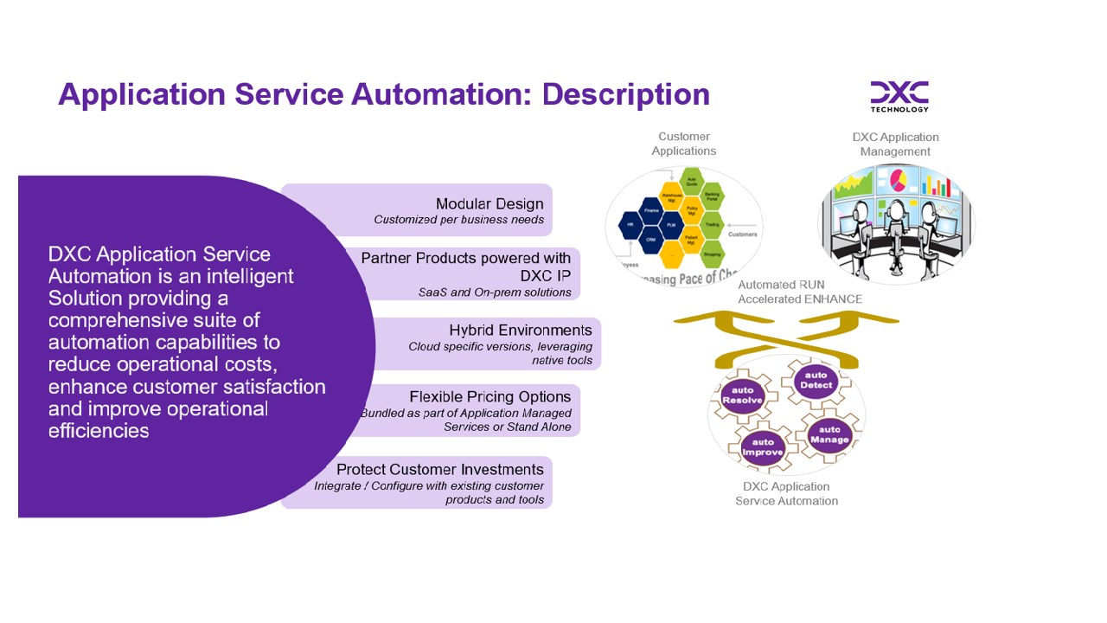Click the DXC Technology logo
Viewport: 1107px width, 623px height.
(x=899, y=96)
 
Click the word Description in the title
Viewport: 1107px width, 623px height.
(x=625, y=93)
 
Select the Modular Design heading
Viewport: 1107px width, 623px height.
(x=490, y=203)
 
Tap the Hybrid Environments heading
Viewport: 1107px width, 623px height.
(x=521, y=330)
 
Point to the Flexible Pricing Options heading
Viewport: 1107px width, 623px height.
(x=490, y=396)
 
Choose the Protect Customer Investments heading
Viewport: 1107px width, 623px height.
(x=440, y=469)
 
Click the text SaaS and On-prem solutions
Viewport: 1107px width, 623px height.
(x=495, y=292)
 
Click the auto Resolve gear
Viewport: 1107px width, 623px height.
(x=742, y=395)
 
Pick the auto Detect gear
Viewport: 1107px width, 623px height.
(x=816, y=381)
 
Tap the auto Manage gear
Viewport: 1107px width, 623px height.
(x=829, y=434)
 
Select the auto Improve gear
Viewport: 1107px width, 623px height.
(x=763, y=447)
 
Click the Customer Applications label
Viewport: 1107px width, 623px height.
(x=684, y=144)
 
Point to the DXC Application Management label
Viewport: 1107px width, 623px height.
(x=895, y=145)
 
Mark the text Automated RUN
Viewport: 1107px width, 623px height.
(x=781, y=285)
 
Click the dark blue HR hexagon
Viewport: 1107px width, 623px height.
(x=630, y=228)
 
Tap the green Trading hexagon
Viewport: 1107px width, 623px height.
(x=712, y=224)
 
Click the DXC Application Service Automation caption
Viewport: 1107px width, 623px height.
(x=786, y=493)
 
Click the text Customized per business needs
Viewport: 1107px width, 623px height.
(x=458, y=220)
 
